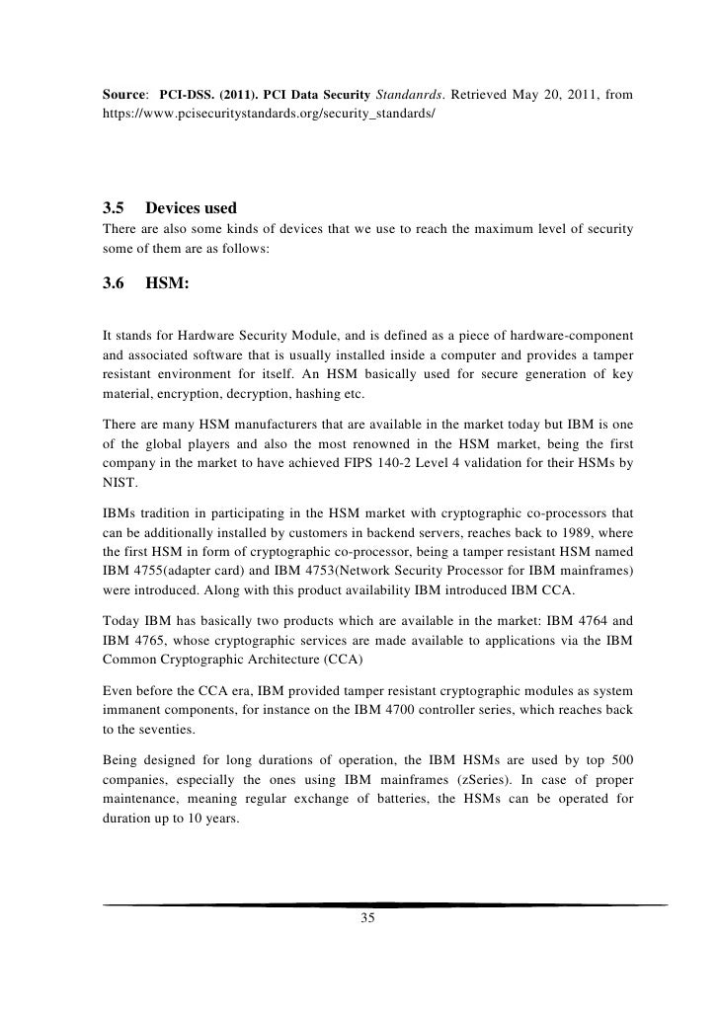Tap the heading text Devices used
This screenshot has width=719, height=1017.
[x=191, y=209]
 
